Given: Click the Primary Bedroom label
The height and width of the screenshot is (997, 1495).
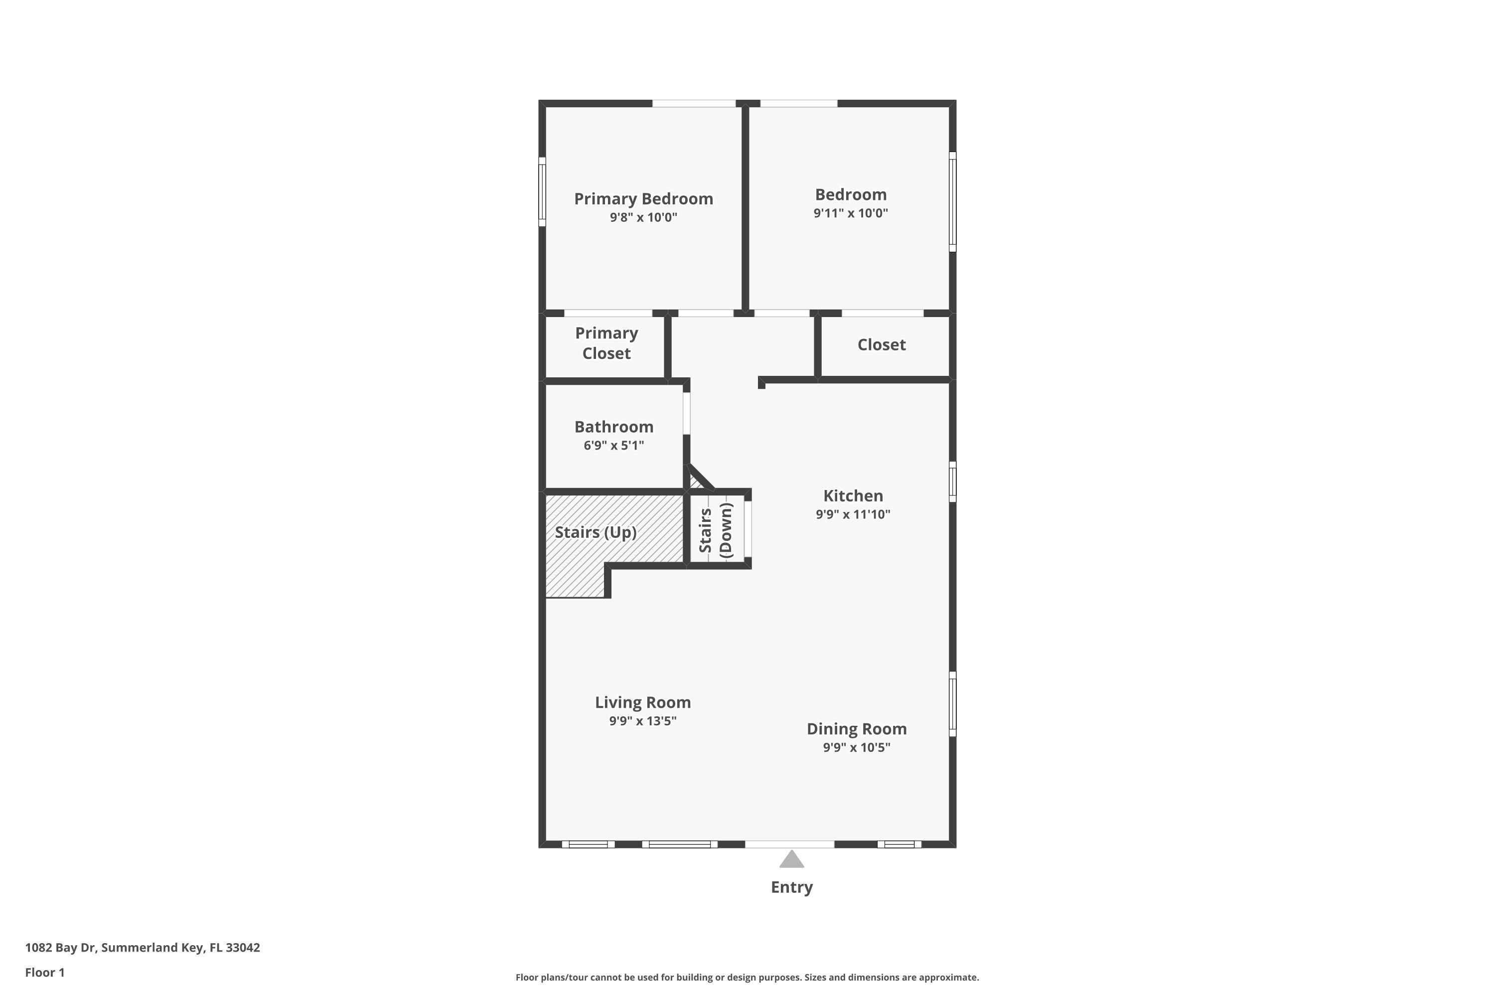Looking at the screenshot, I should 643,198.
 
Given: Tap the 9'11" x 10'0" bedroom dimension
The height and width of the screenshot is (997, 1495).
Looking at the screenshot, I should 851,213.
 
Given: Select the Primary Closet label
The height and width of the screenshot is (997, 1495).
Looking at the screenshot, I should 606,343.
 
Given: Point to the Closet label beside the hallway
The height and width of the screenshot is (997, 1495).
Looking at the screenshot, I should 881,344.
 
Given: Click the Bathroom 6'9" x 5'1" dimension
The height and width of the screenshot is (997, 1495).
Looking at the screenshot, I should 613,445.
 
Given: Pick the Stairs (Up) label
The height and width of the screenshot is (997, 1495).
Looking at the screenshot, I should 596,532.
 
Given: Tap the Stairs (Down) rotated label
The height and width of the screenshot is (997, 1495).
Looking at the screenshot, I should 716,530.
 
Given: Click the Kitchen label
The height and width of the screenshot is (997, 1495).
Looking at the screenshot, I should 853,496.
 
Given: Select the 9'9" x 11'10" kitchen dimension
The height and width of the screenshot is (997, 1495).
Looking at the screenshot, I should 853,514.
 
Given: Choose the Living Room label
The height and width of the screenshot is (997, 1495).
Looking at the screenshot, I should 643,702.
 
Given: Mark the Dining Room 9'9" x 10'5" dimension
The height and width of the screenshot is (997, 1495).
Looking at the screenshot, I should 856,747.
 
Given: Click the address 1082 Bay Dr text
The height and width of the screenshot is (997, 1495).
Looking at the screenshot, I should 143,948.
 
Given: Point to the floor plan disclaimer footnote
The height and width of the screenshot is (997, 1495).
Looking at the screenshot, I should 747,977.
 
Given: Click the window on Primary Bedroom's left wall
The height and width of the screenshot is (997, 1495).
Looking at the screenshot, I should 542,192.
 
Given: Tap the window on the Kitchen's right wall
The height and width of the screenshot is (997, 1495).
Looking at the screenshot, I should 952,482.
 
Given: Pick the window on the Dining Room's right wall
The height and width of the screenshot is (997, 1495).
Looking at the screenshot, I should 952,704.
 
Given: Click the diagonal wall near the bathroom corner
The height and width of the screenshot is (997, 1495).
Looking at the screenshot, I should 701,477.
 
